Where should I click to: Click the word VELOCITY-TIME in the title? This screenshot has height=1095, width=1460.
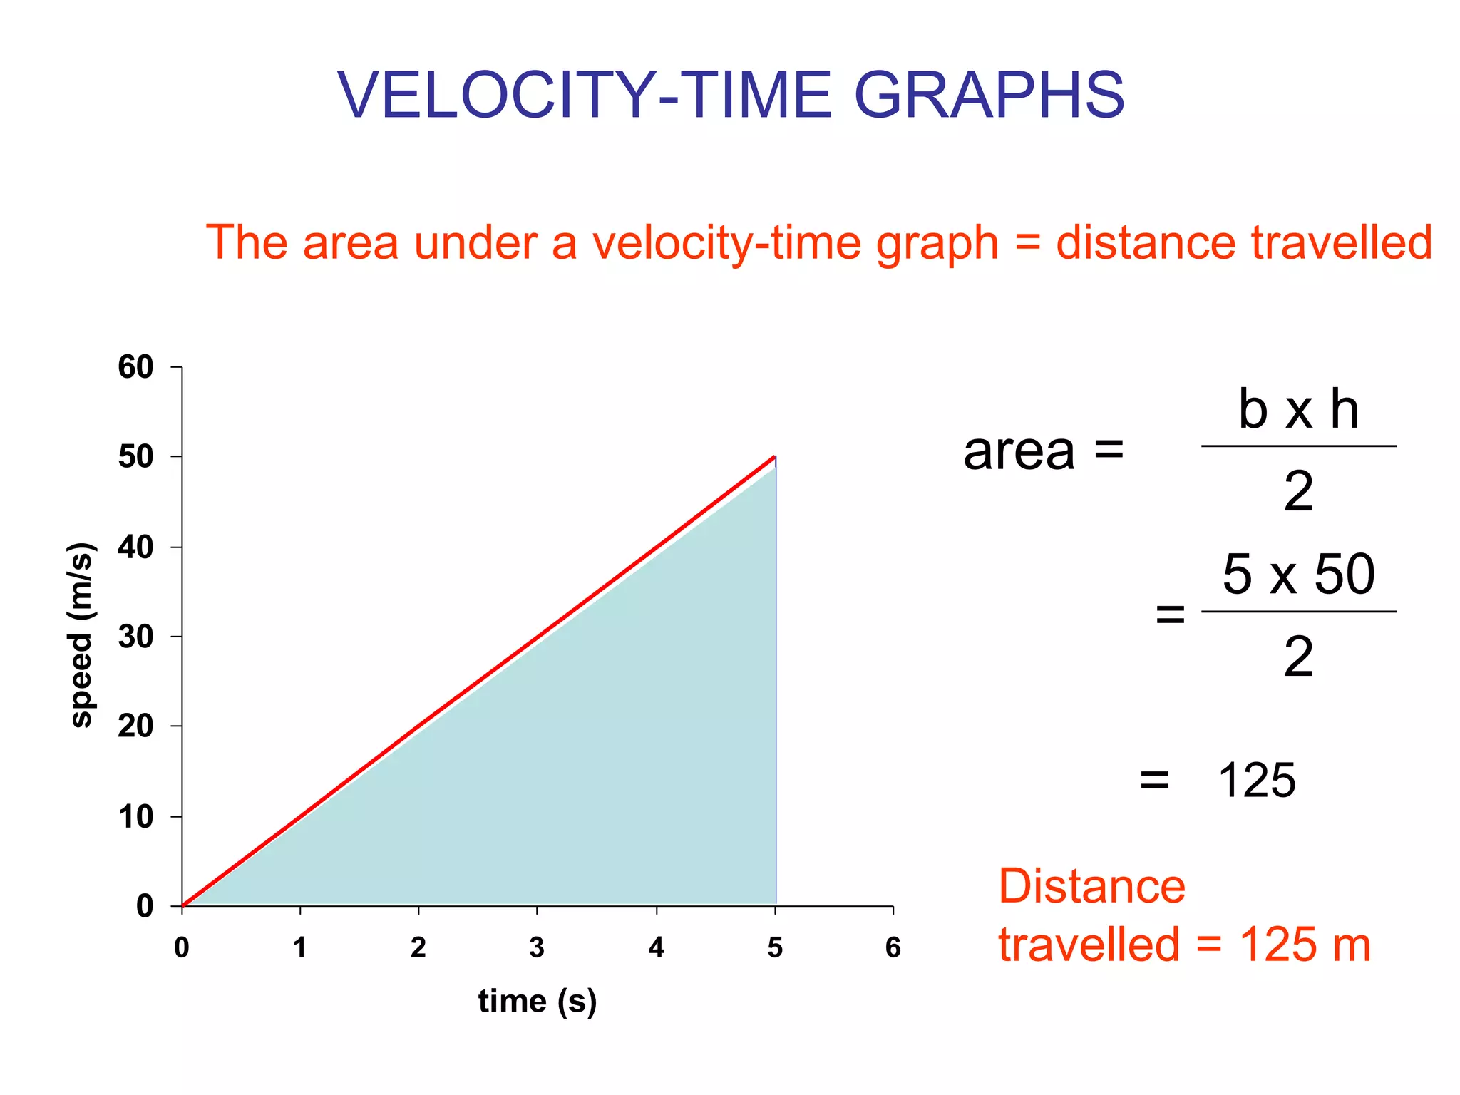(585, 96)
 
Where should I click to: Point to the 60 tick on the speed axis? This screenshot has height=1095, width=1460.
(135, 367)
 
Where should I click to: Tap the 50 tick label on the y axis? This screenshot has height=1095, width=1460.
(135, 457)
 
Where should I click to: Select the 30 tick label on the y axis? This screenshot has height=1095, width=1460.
(135, 637)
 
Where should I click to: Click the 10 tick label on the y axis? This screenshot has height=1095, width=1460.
(135, 816)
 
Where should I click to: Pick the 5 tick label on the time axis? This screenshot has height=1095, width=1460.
(775, 947)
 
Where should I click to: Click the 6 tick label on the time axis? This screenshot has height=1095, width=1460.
(893, 947)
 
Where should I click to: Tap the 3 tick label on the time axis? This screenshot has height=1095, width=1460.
(537, 947)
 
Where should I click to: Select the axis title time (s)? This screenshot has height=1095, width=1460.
(537, 1001)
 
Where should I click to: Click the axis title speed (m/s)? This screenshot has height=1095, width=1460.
(81, 635)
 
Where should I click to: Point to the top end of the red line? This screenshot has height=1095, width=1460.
(774, 457)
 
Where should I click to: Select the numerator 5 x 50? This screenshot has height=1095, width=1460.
(1298, 574)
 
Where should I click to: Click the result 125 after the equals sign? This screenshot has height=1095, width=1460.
(1256, 781)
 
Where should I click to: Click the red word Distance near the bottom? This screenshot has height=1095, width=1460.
(1091, 886)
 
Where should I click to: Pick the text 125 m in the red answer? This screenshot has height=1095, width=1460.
(1304, 945)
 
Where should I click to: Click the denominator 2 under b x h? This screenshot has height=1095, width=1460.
(1298, 492)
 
